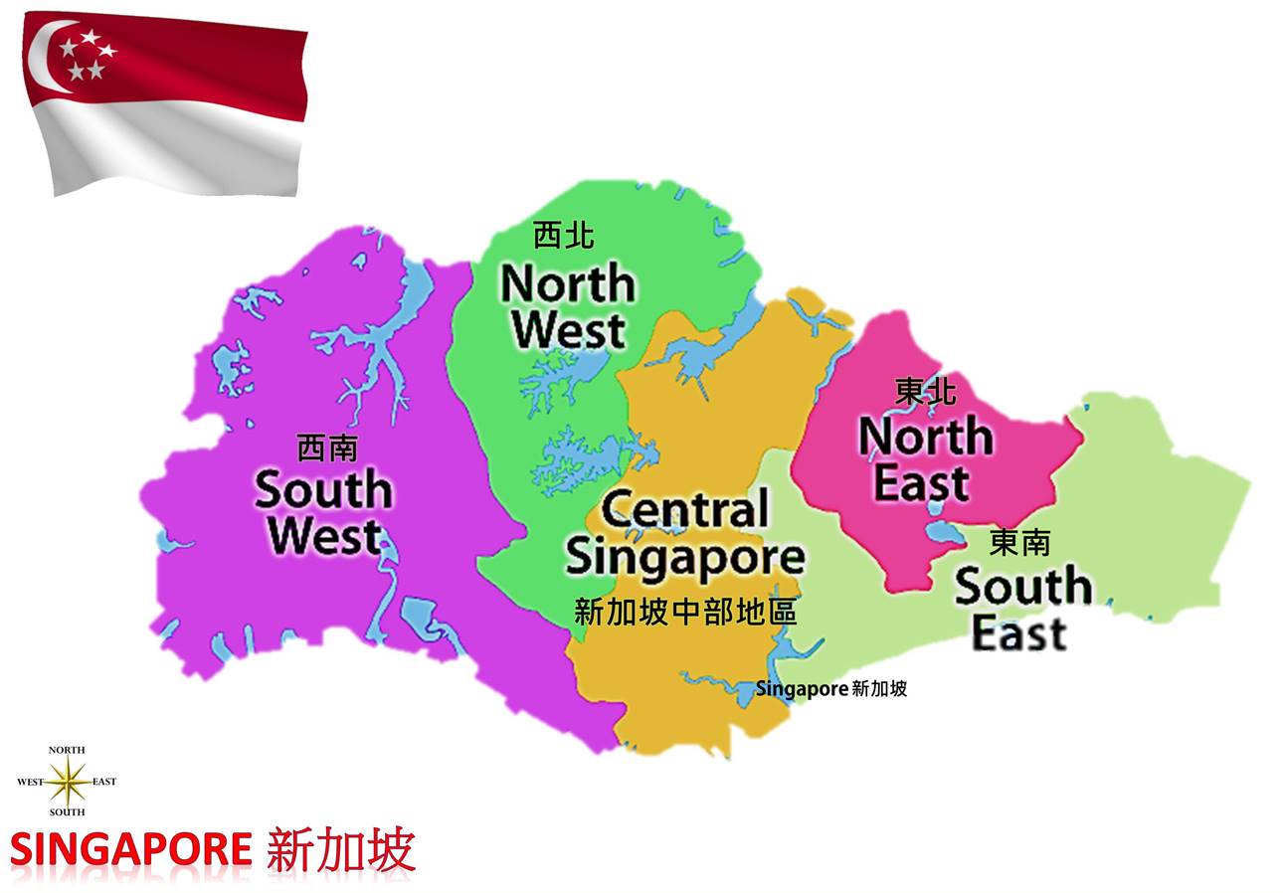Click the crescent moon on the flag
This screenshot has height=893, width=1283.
[45, 58]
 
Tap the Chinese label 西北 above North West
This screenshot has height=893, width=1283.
[563, 236]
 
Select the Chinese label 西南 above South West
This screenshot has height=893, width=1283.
[326, 448]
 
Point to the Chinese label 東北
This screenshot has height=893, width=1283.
[925, 392]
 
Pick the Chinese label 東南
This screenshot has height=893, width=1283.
[1019, 543]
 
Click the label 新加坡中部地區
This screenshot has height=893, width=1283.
[685, 612]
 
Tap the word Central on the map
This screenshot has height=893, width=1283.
[685, 510]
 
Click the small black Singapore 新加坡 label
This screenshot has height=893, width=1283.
[830, 688]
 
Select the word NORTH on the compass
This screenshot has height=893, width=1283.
[67, 750]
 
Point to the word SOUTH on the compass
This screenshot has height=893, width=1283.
[67, 812]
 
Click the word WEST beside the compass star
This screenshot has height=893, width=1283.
[30, 782]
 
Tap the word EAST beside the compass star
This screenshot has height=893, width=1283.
[104, 782]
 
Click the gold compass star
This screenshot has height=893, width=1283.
[68, 782]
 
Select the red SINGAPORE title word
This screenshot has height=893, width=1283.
[130, 851]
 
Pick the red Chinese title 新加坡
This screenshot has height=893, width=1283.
[340, 850]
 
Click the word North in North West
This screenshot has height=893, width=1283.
[568, 285]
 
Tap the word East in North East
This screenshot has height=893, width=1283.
[921, 484]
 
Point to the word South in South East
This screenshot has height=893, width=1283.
[1022, 588]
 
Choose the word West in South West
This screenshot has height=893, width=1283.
[324, 536]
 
